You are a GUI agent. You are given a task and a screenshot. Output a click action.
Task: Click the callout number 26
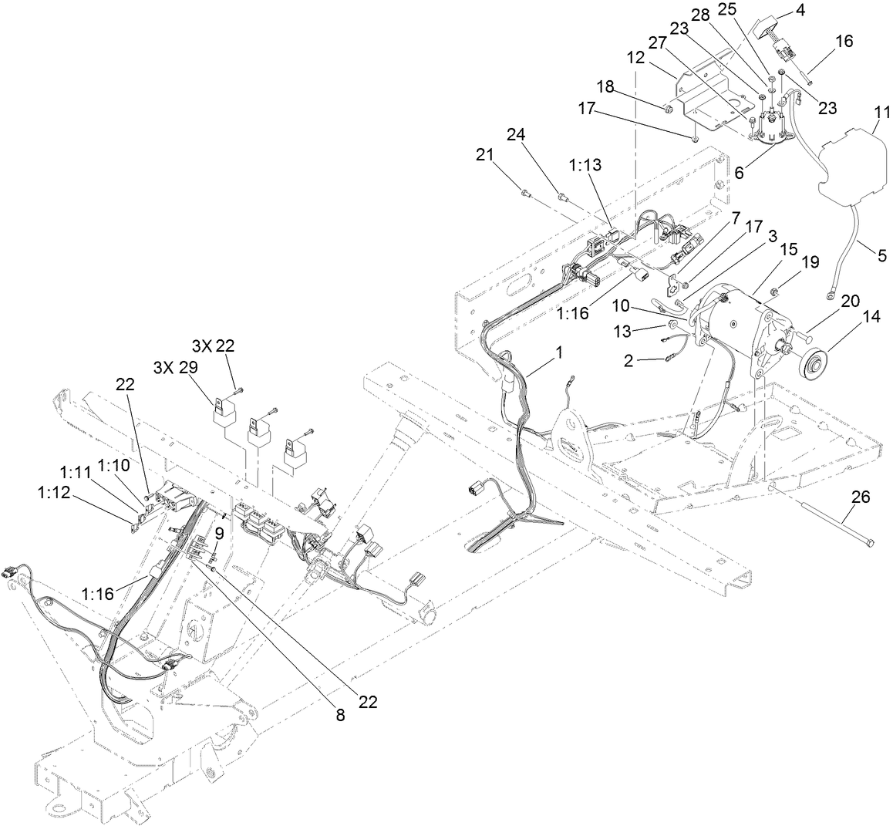point(860,497)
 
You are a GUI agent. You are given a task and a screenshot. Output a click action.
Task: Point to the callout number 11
point(881,114)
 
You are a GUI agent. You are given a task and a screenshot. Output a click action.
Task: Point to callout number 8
point(341,715)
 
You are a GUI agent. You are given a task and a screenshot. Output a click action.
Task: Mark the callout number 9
point(219,533)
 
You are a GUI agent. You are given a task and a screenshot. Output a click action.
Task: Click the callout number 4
point(801,11)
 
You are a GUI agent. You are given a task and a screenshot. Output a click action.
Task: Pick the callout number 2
point(629,361)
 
